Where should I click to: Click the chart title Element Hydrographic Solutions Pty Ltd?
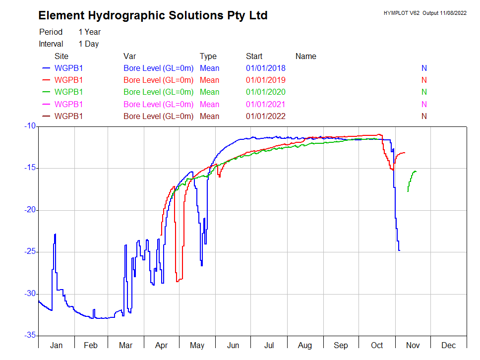[153, 15]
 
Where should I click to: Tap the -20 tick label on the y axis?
[28, 210]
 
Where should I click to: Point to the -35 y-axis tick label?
[28, 336]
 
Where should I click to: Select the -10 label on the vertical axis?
[28, 126]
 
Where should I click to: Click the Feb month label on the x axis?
[91, 345]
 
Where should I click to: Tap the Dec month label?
[448, 345]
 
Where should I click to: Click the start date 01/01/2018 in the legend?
[265, 68]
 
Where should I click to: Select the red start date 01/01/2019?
[265, 80]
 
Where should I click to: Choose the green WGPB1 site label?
[68, 92]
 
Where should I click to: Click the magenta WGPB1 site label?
[68, 104]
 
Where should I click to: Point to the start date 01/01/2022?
[265, 116]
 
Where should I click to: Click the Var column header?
[129, 56]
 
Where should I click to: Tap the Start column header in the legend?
[254, 56]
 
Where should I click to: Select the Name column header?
[305, 56]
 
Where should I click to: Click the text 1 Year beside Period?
[89, 32]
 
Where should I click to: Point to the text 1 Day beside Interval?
[88, 44]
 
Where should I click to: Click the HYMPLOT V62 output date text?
[424, 13]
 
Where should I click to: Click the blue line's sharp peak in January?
[55, 235]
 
